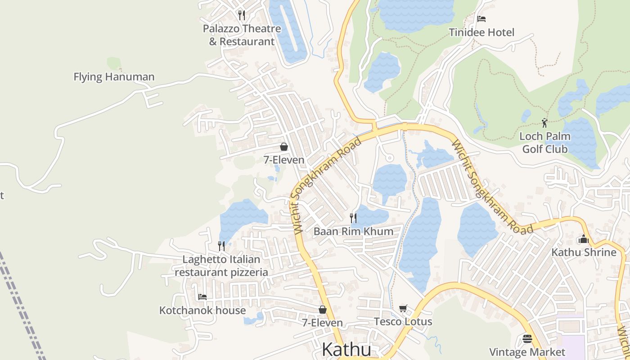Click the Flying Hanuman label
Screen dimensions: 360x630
(114, 77)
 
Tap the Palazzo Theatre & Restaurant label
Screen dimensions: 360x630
(242, 35)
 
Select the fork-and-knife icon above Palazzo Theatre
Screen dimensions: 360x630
(242, 15)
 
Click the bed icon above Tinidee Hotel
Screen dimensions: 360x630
(481, 19)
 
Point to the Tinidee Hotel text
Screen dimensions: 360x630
(481, 32)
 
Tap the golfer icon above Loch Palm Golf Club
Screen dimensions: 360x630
(545, 122)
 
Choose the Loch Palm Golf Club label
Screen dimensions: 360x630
(545, 143)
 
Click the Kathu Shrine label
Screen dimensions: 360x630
(584, 252)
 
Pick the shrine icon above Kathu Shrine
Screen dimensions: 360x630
(584, 239)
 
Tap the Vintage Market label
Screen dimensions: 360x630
(527, 352)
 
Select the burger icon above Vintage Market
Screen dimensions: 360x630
(527, 338)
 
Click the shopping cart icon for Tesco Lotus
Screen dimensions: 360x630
(403, 308)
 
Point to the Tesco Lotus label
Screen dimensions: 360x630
(403, 322)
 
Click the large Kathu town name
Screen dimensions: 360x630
(347, 350)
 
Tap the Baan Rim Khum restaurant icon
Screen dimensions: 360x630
(353, 218)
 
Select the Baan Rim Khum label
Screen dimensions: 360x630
(353, 232)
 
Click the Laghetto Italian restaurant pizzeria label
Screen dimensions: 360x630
(221, 266)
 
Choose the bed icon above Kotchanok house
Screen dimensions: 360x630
(202, 297)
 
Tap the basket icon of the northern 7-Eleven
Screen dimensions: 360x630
(284, 147)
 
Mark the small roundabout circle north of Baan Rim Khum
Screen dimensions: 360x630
(390, 158)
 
